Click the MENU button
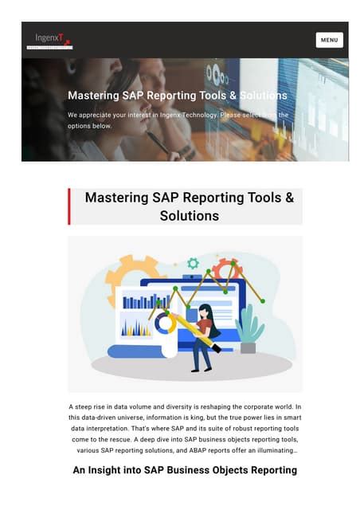pyautogui.click(x=329, y=40)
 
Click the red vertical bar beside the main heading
pyautogui.click(x=69, y=206)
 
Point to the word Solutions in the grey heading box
pyautogui.click(x=190, y=216)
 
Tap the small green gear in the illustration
pyautogui.click(x=193, y=263)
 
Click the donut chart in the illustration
pyautogui.click(x=165, y=324)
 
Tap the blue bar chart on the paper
pyautogui.click(x=146, y=301)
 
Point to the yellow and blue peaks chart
pyautogui.click(x=135, y=328)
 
